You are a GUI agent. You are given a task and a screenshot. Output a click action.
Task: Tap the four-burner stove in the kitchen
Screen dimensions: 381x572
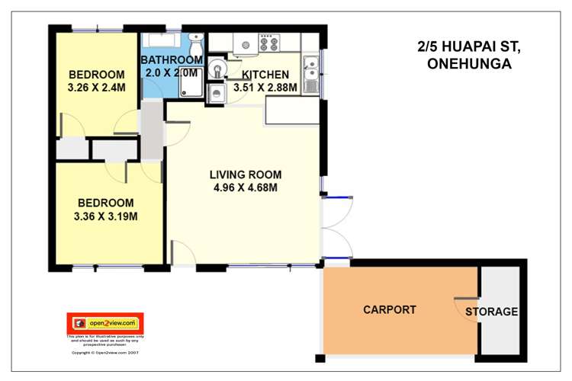269,43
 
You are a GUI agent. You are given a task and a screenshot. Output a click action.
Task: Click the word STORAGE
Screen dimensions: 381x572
492,312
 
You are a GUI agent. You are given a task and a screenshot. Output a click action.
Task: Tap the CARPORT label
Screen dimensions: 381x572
389,309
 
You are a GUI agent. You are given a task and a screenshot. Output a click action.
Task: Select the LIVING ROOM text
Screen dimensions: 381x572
244,173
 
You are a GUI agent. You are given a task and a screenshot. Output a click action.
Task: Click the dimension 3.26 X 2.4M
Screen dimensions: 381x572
96,88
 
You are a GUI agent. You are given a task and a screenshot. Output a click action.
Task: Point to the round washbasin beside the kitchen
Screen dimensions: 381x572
217,69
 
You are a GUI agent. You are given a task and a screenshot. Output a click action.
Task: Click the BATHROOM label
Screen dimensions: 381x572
171,59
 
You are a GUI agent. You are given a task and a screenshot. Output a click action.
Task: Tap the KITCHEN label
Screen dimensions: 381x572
265,75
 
